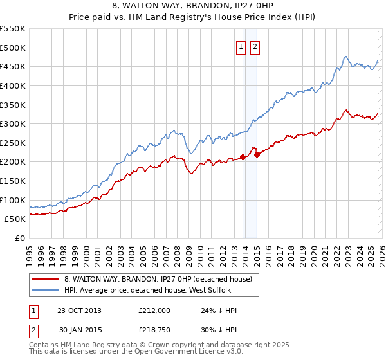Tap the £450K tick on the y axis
tap(13, 66)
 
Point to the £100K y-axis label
tap(13, 200)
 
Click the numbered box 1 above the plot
tap(241, 46)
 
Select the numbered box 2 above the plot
tap(255, 46)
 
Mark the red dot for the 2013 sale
tap(243, 157)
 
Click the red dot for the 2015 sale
tap(257, 154)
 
